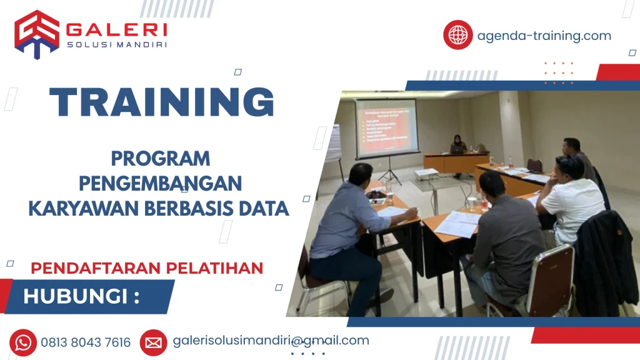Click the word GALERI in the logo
[x=116, y=29]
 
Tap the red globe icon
[x=458, y=35]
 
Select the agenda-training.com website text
[x=544, y=36]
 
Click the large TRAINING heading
[x=162, y=102]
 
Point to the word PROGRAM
[x=160, y=159]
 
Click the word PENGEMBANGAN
[x=160, y=184]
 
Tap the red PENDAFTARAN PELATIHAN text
[x=147, y=268]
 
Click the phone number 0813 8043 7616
[x=86, y=342]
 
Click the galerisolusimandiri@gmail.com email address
[x=271, y=341]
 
